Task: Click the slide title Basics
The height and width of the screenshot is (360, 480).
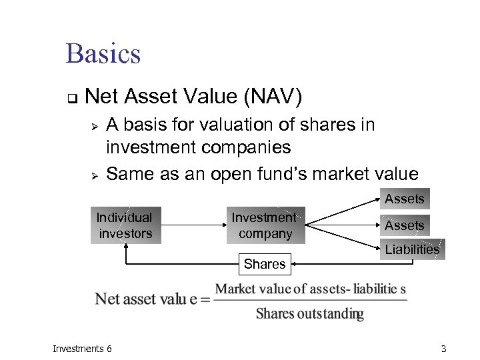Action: pos(103,53)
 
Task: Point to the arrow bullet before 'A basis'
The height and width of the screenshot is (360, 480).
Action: pos(95,125)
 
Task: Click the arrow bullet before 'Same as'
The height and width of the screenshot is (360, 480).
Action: pos(95,175)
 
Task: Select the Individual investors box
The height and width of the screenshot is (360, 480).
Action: pos(125,225)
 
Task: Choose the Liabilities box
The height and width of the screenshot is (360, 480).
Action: pos(412,249)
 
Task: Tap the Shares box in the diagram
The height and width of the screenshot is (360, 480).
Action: pos(265,264)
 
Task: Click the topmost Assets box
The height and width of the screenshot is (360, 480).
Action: pos(405,199)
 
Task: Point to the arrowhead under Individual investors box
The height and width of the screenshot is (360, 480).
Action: pos(125,249)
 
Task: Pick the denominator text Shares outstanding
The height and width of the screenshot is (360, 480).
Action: pos(310,314)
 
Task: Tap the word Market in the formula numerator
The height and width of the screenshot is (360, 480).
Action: pos(235,289)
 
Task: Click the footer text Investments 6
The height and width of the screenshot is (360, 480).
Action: pos(82,349)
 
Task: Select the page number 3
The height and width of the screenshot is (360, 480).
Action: pos(443,349)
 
